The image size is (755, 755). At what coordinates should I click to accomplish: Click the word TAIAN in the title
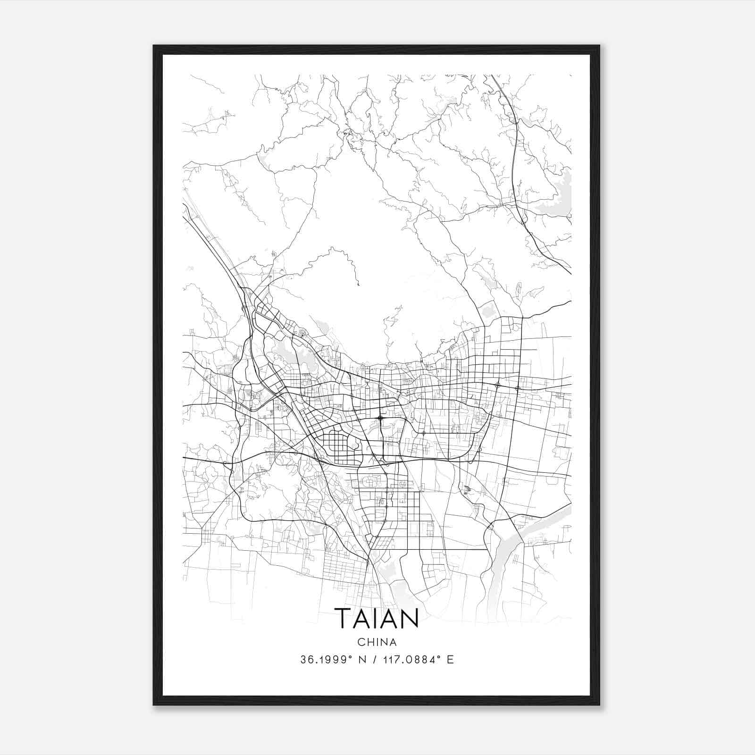[x=377, y=618]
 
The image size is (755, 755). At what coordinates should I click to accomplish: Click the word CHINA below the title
[x=377, y=642]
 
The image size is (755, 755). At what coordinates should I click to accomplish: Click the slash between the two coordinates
[x=374, y=660]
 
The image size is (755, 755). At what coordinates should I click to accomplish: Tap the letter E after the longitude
[x=450, y=660]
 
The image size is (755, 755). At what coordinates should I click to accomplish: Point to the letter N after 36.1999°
[x=362, y=660]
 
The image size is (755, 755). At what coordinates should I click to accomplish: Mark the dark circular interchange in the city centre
[x=380, y=418]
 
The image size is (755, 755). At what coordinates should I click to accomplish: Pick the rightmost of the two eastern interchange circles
[x=518, y=388]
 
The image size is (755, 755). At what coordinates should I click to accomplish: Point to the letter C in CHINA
[x=361, y=642]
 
